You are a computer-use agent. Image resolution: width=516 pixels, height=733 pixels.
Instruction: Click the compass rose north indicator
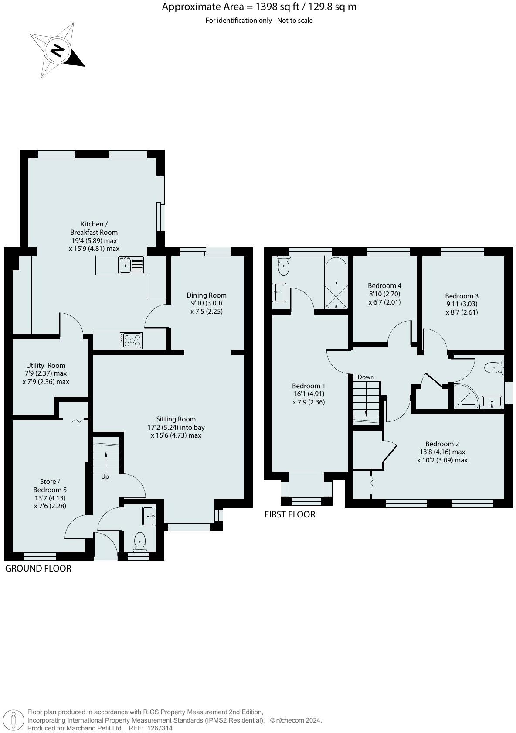[57, 51]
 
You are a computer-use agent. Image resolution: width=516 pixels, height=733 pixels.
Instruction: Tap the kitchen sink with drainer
[131, 265]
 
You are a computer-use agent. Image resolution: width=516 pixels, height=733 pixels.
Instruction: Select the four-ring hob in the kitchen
[131, 340]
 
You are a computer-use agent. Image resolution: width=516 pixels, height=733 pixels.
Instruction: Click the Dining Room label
[207, 295]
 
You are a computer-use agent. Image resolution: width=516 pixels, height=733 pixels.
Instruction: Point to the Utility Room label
[46, 365]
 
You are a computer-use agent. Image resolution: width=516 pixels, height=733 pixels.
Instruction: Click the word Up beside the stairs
[105, 476]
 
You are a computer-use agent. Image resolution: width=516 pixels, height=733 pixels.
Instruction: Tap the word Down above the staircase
[366, 377]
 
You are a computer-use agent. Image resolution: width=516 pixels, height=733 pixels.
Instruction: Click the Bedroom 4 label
[384, 286]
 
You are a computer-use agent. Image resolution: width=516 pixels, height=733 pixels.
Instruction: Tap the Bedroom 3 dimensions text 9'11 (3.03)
[462, 304]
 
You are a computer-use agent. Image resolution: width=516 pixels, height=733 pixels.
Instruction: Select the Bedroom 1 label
[309, 386]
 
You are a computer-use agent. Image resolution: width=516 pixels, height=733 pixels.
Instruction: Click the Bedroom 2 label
[442, 444]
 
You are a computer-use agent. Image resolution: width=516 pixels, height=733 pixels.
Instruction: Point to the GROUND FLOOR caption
[38, 568]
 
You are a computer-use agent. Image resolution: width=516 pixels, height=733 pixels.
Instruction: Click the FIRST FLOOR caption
[289, 514]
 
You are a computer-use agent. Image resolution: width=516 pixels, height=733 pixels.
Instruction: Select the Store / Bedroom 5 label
[50, 485]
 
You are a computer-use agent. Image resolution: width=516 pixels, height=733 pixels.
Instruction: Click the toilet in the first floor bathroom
[283, 267]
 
